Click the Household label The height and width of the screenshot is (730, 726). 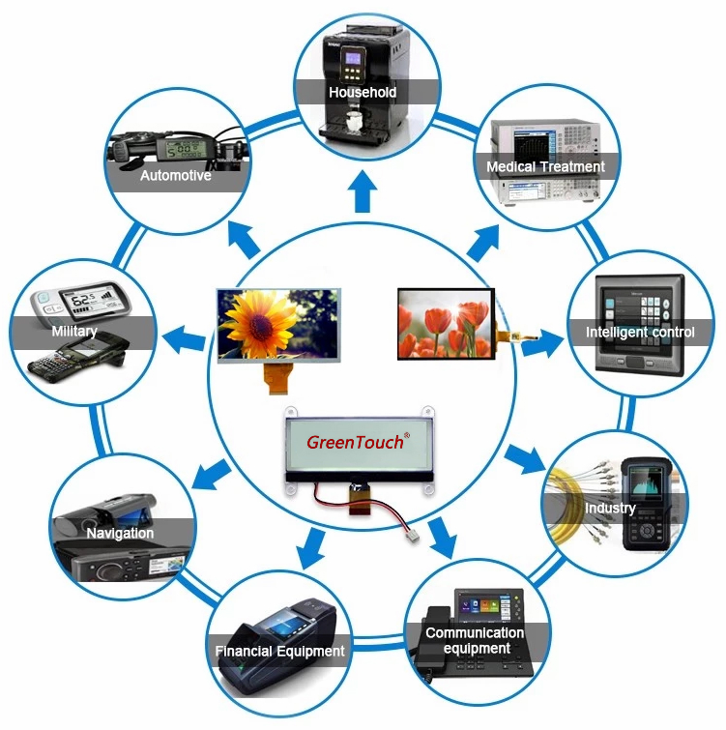(363, 92)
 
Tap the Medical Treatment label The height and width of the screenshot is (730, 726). (545, 166)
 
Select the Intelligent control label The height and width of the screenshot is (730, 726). (640, 333)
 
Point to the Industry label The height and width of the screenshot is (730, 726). (610, 508)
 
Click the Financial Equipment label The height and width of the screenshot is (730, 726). (279, 651)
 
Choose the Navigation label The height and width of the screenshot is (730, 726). (120, 533)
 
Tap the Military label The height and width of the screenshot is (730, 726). (74, 332)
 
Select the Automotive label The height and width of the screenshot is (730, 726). (176, 176)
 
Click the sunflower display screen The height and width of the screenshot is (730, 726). (278, 326)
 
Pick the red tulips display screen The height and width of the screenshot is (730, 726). (446, 324)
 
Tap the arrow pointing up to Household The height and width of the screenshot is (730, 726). (363, 190)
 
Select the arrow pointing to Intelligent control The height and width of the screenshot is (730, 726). (542, 343)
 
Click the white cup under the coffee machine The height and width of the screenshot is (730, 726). (354, 122)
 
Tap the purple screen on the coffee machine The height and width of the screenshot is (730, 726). (352, 59)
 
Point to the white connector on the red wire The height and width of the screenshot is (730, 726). (412, 536)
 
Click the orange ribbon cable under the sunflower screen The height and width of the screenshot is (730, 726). (278, 378)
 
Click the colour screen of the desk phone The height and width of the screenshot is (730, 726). (484, 605)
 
